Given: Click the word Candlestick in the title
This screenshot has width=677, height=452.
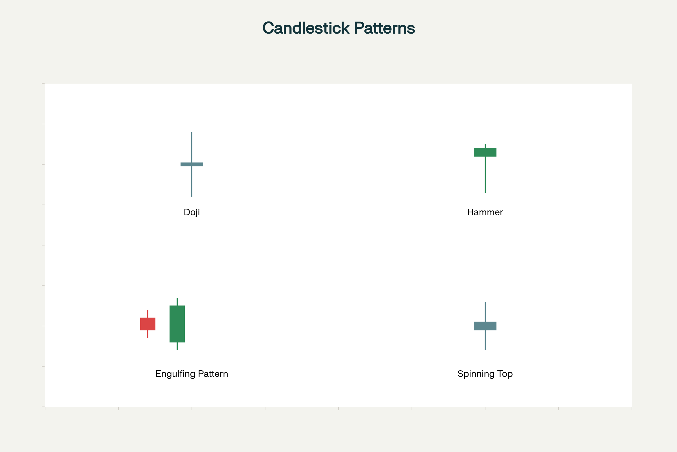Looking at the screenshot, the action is pos(306,28).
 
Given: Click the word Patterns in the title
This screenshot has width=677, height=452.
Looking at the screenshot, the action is pos(384,28).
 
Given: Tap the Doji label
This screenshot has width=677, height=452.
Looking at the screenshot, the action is pos(192,212).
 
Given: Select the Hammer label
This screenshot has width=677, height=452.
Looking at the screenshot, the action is pos(485,212).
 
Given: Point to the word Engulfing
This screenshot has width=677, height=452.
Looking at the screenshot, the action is pos(175,374).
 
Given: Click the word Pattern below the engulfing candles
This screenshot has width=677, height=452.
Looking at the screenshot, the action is pos(213,374).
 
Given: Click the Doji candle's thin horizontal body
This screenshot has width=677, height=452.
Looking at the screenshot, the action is pos(192,164).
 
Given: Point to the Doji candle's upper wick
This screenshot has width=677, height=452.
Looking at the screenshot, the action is pos(192,147).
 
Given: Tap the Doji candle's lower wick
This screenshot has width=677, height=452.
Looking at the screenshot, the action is pos(192,181).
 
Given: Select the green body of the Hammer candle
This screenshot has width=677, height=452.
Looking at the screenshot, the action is pos(485,152).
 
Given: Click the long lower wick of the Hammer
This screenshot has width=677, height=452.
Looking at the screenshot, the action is pos(485,174).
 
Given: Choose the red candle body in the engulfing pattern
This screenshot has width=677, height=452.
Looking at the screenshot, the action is pos(148,324).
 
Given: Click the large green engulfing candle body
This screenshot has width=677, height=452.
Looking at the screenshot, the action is pos(177,324).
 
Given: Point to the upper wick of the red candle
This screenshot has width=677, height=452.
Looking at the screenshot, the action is pos(148,314).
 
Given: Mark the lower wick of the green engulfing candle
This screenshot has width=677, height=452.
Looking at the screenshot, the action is pos(177,346).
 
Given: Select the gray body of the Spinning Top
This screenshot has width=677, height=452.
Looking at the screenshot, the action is pos(485,326).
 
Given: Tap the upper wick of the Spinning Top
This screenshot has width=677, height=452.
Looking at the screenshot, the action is pos(485,312).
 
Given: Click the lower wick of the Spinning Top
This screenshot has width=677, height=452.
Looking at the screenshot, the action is pos(485,340).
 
